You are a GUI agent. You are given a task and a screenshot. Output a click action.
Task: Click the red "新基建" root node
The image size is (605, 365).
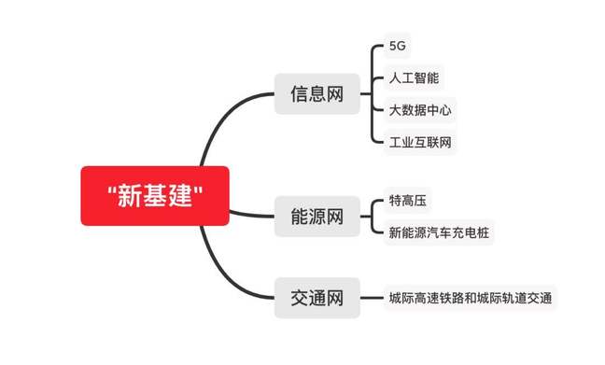point(154,196)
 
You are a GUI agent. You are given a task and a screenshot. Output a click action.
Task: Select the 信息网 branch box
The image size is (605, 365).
point(317,93)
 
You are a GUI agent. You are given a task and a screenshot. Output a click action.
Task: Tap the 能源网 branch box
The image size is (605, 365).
point(317,218)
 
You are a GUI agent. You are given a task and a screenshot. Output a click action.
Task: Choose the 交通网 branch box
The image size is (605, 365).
point(317,299)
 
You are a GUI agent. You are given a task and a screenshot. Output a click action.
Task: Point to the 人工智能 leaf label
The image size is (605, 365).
point(414,78)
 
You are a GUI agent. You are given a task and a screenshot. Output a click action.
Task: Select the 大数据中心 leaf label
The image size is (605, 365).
point(420,110)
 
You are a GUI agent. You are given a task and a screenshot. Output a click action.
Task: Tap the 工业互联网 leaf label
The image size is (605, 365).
point(420,142)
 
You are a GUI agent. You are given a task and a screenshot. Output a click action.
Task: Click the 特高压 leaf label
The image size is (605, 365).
point(408,201)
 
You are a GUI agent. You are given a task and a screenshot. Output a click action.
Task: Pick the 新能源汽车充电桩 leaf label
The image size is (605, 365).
point(437,232)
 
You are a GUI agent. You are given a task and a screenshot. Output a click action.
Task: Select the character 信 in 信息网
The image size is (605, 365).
point(299,93)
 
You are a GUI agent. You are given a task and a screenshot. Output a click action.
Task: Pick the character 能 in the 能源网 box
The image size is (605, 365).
point(299,218)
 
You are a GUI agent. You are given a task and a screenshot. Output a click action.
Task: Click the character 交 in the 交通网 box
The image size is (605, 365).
point(299,299)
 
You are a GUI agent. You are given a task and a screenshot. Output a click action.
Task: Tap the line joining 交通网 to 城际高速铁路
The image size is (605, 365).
point(372,299)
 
